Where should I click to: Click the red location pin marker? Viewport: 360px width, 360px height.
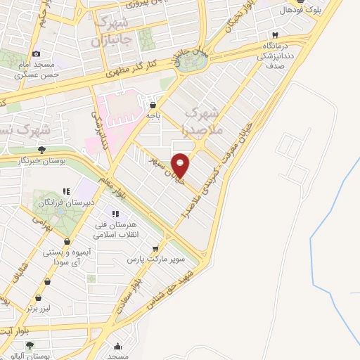tap(181, 165)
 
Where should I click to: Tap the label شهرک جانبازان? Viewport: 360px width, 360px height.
tap(112, 31)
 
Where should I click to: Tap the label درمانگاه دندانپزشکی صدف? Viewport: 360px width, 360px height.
tap(281, 52)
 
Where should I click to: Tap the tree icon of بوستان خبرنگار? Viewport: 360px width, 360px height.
tap(42, 150)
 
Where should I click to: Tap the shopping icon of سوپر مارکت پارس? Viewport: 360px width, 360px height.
tap(157, 247)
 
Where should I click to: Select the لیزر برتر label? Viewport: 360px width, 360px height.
tap(40, 307)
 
